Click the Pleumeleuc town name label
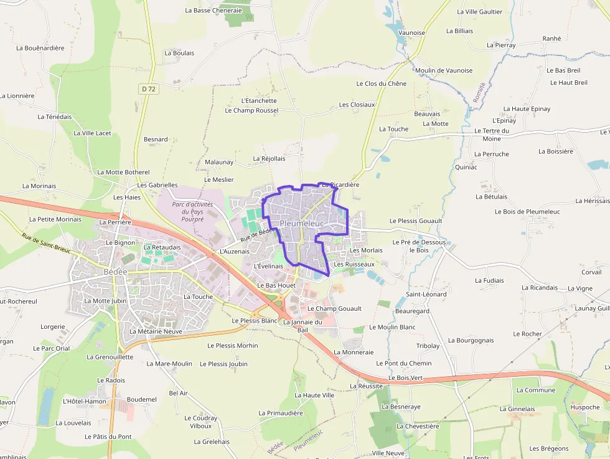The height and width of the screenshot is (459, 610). pyautogui.click(x=302, y=223)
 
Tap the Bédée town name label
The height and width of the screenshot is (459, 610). pyautogui.click(x=116, y=273)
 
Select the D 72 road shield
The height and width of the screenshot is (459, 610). pyautogui.click(x=148, y=89)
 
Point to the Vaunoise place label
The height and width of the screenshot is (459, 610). pyautogui.click(x=411, y=33)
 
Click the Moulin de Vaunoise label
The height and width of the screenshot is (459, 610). pyautogui.click(x=444, y=70)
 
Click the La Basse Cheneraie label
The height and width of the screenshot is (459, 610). pyautogui.click(x=213, y=11)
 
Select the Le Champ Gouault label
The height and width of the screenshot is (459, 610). pyautogui.click(x=334, y=308)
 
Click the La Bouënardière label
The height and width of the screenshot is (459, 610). pyautogui.click(x=40, y=48)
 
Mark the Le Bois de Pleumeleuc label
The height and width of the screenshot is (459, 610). pyautogui.click(x=527, y=212)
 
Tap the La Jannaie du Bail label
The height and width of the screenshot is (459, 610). pyautogui.click(x=303, y=326)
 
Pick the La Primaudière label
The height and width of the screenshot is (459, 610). pyautogui.click(x=280, y=413)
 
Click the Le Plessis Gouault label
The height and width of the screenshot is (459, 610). pyautogui.click(x=416, y=220)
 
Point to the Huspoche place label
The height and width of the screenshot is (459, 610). pyautogui.click(x=585, y=407)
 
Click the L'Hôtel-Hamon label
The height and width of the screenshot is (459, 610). pyautogui.click(x=85, y=402)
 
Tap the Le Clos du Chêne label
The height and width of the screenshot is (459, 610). pyautogui.click(x=381, y=83)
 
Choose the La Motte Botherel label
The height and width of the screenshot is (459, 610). pyautogui.click(x=123, y=172)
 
